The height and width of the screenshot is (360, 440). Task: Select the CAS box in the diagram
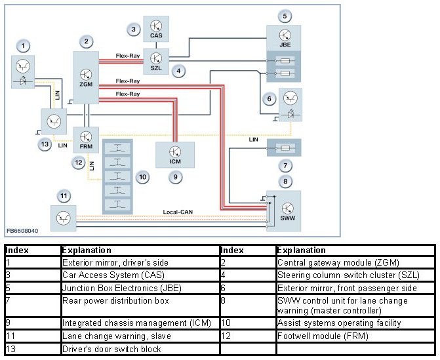tap(155, 30)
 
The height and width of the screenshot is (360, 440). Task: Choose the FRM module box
tap(86, 140)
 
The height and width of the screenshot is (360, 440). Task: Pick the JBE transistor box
tap(284, 37)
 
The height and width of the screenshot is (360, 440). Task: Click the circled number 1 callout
tap(24, 46)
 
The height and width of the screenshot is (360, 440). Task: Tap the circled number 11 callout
tap(64, 196)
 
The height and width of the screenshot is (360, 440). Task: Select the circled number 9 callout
tap(174, 176)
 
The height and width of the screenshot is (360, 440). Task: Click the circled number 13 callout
tap(45, 145)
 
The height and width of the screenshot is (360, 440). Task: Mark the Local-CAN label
tap(178, 212)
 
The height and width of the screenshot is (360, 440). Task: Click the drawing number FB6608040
tap(24, 231)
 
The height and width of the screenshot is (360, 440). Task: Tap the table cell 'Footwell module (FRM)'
tap(322, 336)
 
